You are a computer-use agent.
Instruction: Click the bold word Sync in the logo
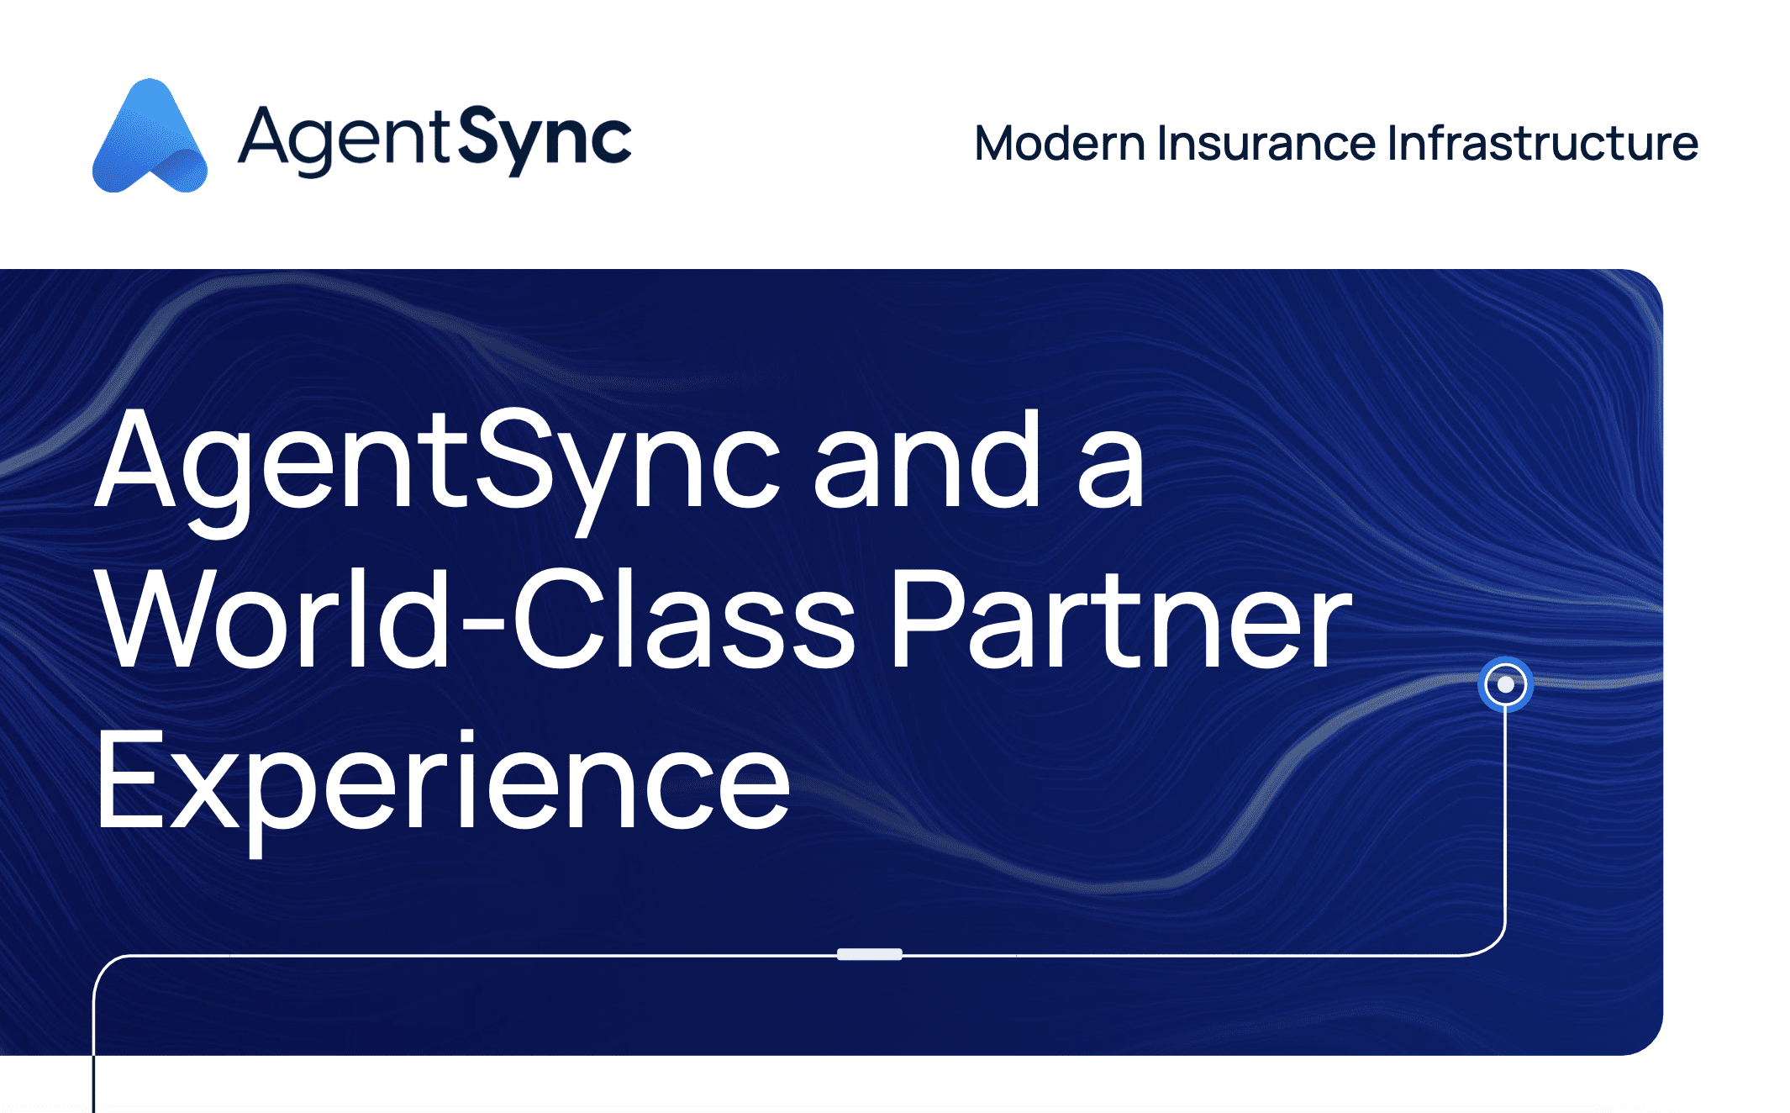[545, 141]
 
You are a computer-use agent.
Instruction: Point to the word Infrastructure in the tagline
[1543, 143]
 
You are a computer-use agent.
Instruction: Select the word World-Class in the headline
[475, 618]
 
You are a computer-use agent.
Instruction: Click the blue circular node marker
[1505, 684]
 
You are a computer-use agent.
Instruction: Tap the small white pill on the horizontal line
[870, 954]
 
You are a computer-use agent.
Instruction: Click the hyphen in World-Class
[483, 624]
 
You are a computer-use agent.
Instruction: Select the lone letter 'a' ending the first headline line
[1111, 472]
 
